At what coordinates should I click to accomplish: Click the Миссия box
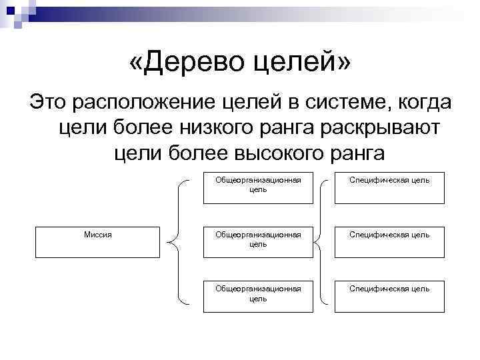pos(97,242)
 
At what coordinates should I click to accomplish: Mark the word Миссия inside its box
pos(97,234)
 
